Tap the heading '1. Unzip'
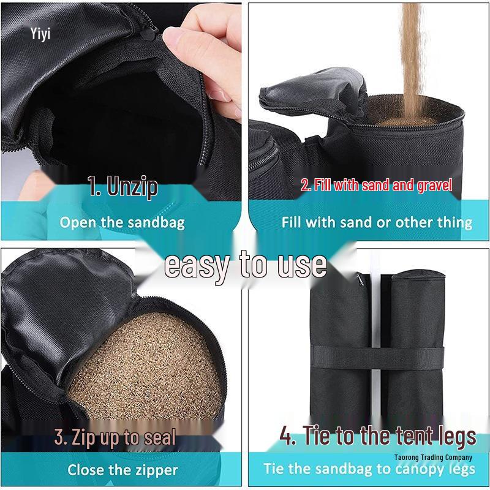[123, 186]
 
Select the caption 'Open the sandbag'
[122, 222]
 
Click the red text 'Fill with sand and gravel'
[376, 185]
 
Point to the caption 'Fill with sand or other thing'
[377, 222]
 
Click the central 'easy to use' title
[246, 265]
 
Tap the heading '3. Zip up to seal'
[115, 437]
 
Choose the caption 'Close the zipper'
[123, 470]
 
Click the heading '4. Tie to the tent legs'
[377, 435]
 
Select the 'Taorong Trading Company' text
[433, 458]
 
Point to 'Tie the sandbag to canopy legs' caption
[369, 469]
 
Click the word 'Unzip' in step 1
[133, 186]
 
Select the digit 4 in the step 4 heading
[287, 436]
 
